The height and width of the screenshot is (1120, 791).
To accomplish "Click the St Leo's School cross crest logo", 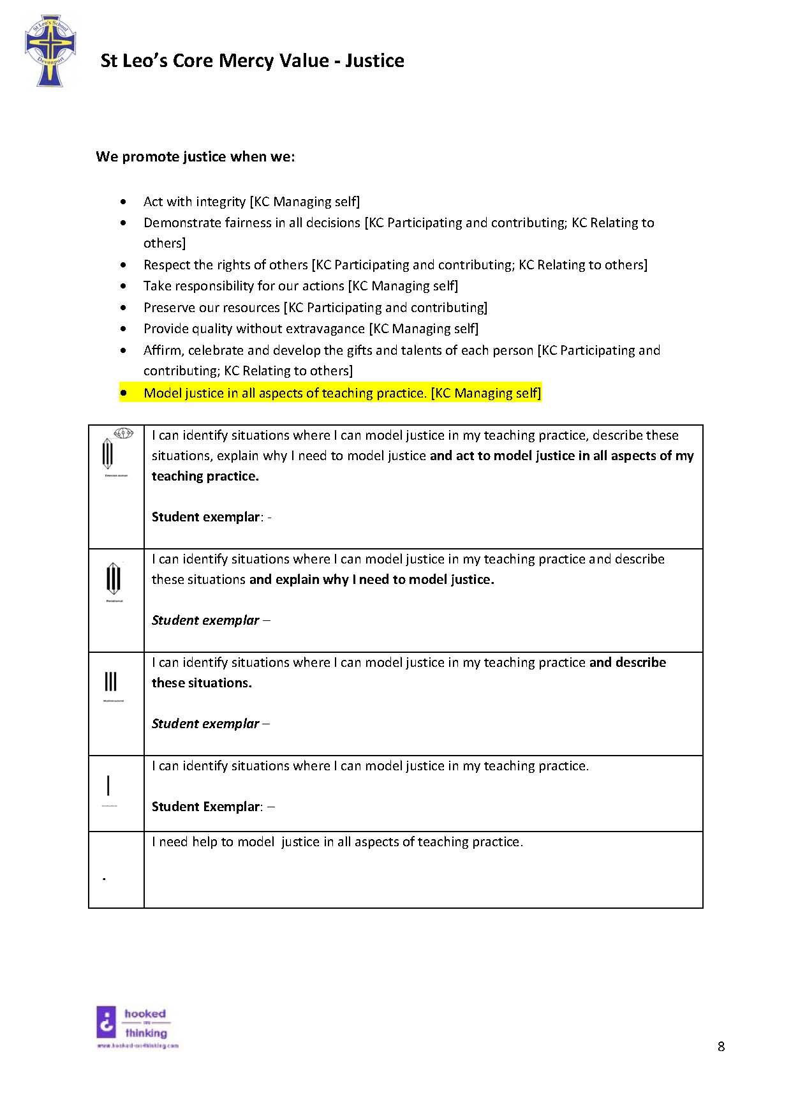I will [x=50, y=52].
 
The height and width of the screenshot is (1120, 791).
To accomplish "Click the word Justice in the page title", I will [x=374, y=61].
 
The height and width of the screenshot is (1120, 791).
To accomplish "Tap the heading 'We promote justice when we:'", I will [x=195, y=157].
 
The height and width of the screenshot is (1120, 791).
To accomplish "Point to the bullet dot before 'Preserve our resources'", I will [x=123, y=308].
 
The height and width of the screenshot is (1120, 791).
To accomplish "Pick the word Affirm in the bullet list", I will [x=162, y=350].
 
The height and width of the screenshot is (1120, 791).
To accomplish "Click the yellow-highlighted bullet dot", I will [x=123, y=393].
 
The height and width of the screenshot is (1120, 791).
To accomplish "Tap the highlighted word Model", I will [x=162, y=393].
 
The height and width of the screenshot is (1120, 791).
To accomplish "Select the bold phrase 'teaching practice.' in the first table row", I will [x=205, y=476].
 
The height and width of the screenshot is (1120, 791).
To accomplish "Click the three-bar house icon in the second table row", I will [x=114, y=579].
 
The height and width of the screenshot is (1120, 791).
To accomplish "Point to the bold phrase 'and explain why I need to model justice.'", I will [x=371, y=579].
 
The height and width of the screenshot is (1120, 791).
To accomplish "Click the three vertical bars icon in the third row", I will [x=111, y=682].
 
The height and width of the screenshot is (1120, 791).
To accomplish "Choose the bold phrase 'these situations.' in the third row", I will [x=202, y=683].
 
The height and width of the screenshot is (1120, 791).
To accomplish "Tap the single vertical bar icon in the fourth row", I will [x=108, y=786].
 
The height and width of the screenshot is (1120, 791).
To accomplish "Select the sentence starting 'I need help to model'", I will [x=337, y=842].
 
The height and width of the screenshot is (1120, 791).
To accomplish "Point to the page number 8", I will [x=721, y=1047].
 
